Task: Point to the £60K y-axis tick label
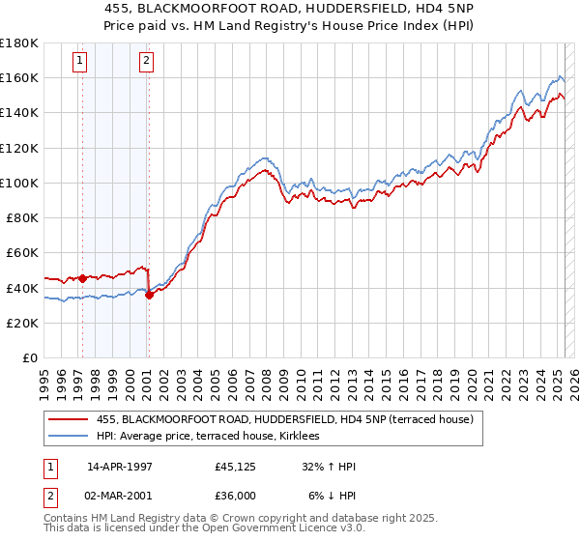(x=22, y=252)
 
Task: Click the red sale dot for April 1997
(x=82, y=278)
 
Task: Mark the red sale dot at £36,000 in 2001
(x=149, y=295)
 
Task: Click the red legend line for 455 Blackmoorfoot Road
(x=69, y=419)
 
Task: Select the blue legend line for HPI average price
(x=69, y=436)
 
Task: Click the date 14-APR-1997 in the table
(x=117, y=468)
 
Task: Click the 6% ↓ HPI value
(x=332, y=494)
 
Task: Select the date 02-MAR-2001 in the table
(x=118, y=494)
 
